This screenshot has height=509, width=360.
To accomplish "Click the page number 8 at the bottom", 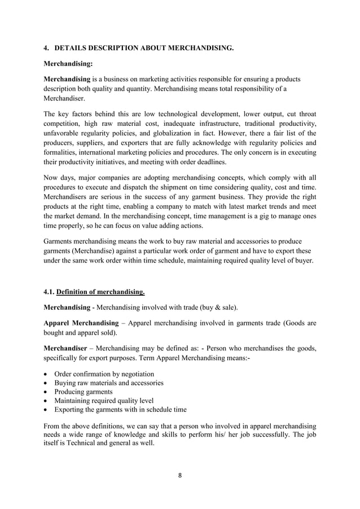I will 180,475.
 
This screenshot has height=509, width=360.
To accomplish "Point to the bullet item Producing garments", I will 83,392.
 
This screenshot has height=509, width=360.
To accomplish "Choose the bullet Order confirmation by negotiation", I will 104,374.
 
